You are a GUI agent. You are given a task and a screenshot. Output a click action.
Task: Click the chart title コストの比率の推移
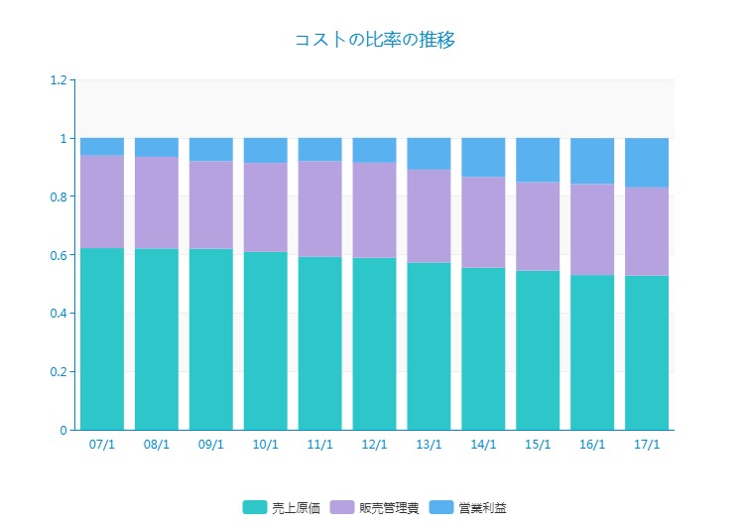coord(374,40)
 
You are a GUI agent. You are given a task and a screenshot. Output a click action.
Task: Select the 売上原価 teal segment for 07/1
coord(102,338)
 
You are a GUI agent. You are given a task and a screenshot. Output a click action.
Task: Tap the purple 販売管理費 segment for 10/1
coord(265,207)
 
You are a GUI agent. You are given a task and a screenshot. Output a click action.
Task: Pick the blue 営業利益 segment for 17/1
coord(646,163)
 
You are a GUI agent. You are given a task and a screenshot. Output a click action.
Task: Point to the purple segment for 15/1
coord(538,226)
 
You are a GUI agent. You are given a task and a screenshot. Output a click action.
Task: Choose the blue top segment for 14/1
coord(483,158)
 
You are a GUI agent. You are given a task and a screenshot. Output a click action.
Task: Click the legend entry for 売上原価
coord(282,508)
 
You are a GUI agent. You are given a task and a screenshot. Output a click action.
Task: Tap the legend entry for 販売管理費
coord(376,508)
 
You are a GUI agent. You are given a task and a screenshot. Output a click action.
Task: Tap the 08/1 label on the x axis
coord(157,445)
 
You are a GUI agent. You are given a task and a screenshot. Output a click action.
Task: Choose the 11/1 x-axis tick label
coord(319,445)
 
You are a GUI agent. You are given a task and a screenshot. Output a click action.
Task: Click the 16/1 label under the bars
coord(592,445)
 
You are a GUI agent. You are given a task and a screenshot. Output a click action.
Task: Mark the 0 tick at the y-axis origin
coord(62,431)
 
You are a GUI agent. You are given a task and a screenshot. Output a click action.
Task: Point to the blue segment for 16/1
coord(592,161)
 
